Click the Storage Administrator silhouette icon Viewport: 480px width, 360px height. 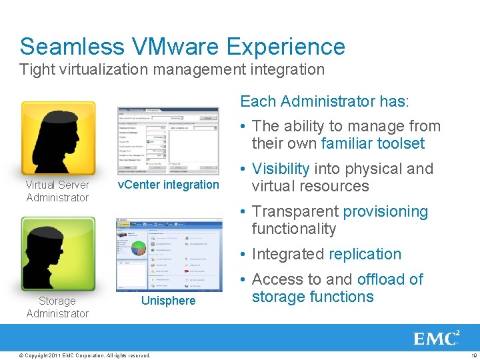pos(58,254)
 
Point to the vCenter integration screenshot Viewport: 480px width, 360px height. pos(168,139)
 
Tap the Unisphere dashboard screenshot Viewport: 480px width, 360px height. pos(168,254)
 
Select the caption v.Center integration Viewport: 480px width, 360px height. pos(168,185)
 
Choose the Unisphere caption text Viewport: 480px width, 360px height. pos(168,301)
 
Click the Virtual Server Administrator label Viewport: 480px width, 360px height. pos(57,191)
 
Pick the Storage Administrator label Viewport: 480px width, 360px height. pos(57,307)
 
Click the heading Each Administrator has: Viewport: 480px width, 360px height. pos(325,101)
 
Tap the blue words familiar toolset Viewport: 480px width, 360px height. pos(373,143)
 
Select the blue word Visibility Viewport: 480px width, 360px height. pos(281,169)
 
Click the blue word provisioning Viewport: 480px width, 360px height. pos(385,211)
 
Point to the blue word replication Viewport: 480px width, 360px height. pos(365,254)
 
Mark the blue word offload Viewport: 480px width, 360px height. pos(381,279)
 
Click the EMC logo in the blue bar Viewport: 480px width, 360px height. pos(437,338)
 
